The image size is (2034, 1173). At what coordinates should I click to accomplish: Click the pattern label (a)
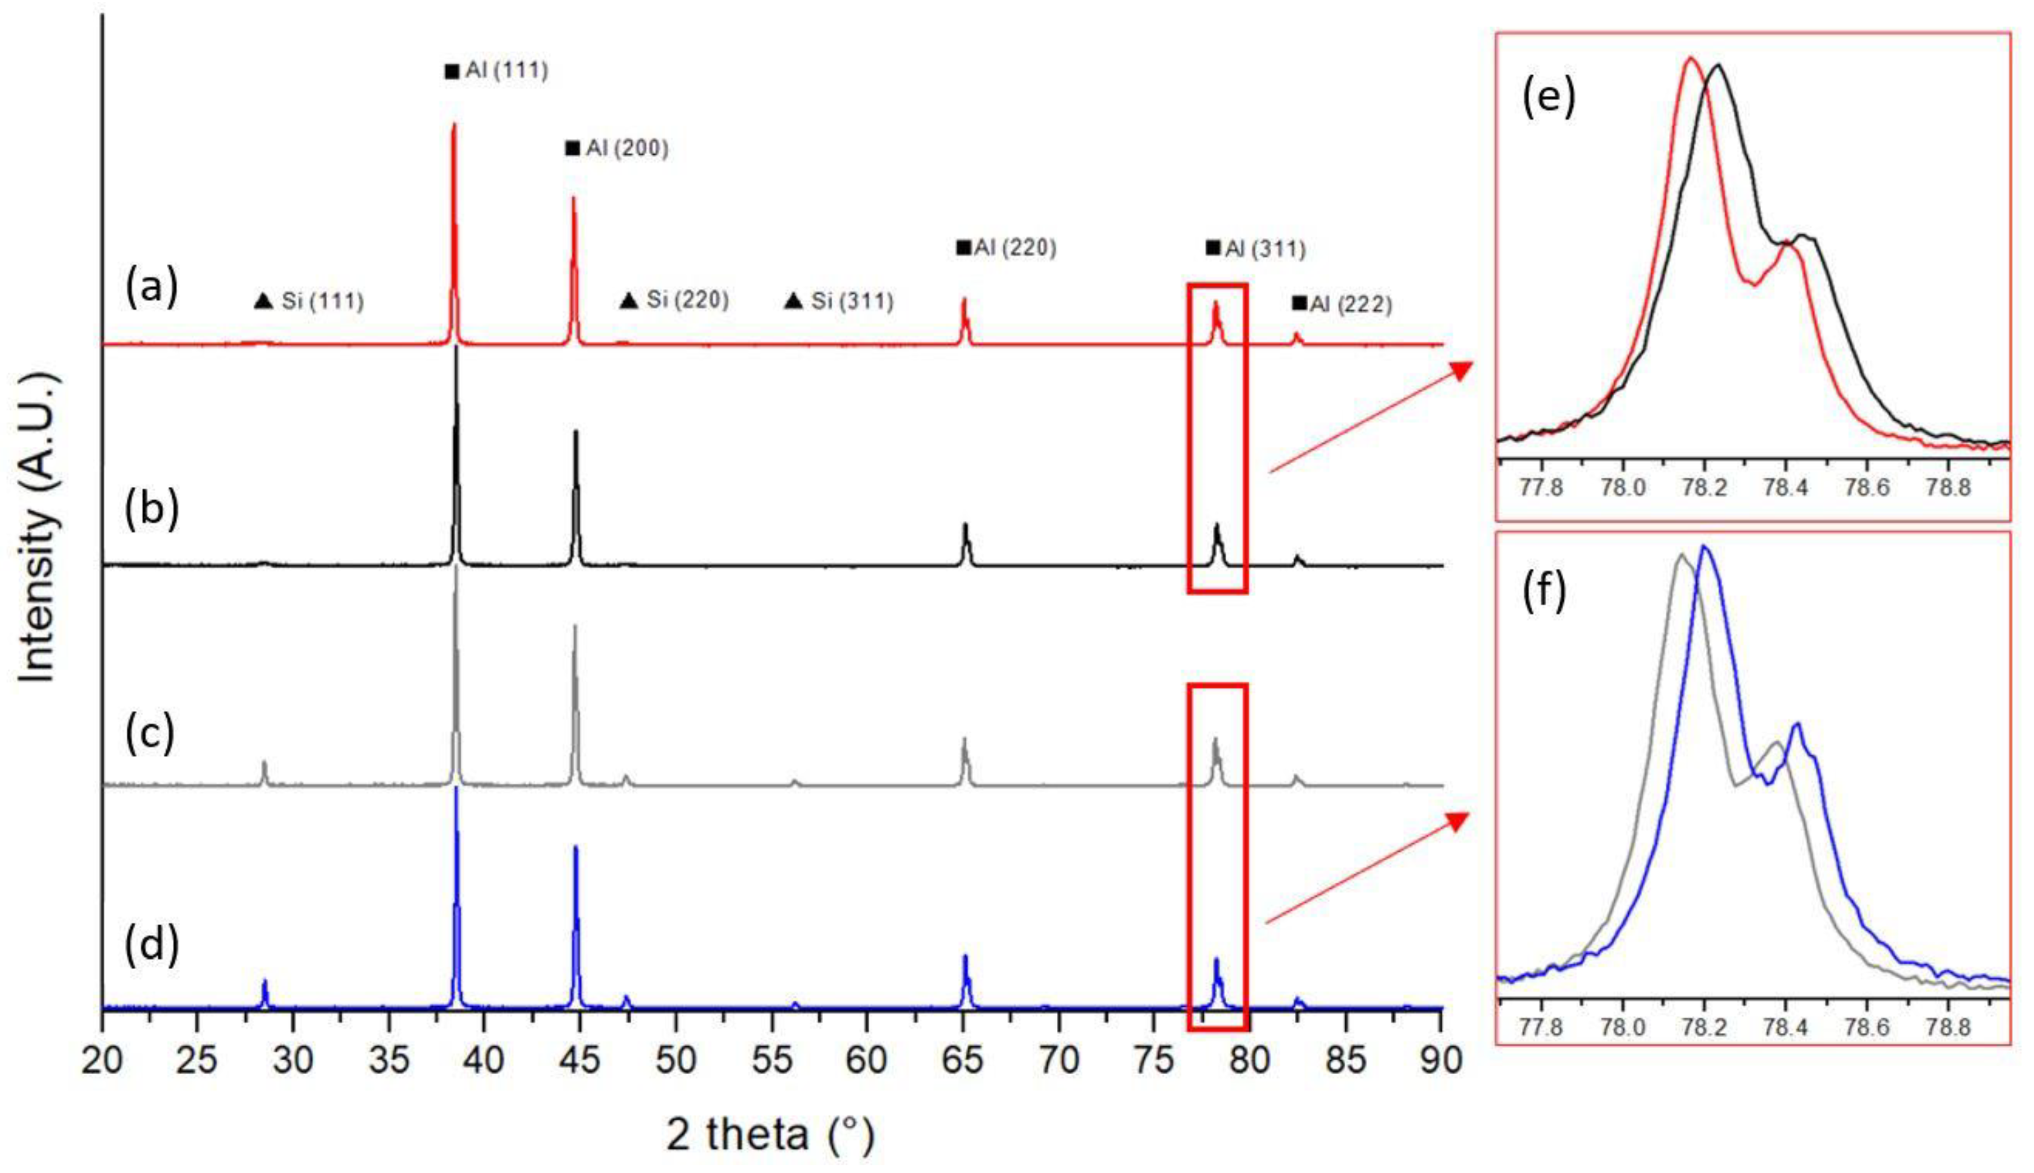tap(151, 288)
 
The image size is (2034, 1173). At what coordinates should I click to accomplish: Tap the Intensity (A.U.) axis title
tap(38, 528)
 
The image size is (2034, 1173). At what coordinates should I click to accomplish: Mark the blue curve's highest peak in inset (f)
tap(1704, 548)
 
